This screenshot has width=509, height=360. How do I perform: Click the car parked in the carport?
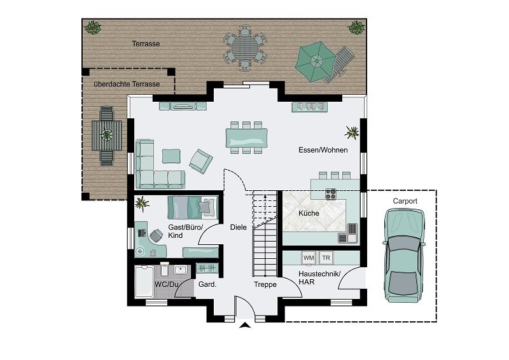404,256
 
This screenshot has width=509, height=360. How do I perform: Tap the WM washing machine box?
309,258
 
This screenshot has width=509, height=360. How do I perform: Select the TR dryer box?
326,258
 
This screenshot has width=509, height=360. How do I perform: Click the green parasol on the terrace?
315,60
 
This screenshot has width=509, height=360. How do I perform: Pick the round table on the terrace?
245,48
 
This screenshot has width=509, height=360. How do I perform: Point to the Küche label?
309,213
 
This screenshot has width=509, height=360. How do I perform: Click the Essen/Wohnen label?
323,150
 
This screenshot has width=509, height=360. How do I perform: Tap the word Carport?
405,201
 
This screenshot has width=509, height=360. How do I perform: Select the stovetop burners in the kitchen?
331,194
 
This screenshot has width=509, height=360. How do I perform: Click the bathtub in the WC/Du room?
144,282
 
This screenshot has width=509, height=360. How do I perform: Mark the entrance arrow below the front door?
245,325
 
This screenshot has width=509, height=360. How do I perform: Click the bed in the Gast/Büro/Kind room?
193,207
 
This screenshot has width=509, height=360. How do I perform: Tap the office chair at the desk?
156,235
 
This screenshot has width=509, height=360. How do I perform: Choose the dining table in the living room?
247,137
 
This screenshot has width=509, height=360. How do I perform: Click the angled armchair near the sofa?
201,161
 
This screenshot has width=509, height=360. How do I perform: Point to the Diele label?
238,227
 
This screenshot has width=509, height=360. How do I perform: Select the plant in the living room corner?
352,132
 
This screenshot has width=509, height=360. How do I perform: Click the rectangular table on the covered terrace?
107,135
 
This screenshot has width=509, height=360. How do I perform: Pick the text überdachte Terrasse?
127,84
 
